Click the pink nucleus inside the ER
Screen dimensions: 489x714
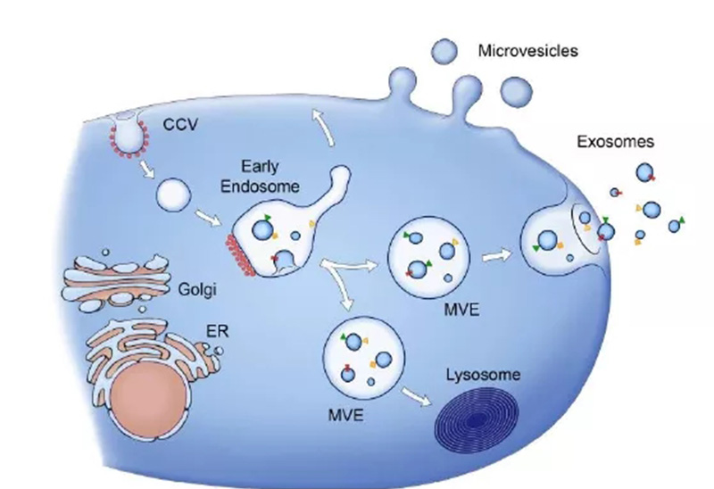point(150,397)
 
